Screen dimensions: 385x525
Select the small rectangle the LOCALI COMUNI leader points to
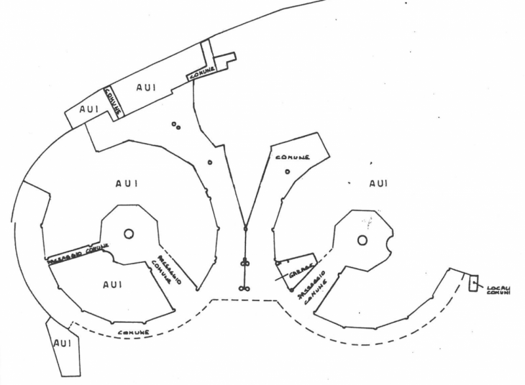click(x=473, y=284)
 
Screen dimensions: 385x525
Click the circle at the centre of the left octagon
click(x=129, y=233)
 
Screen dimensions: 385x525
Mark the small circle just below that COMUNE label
click(x=287, y=172)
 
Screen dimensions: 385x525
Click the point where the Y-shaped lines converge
click(x=245, y=228)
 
